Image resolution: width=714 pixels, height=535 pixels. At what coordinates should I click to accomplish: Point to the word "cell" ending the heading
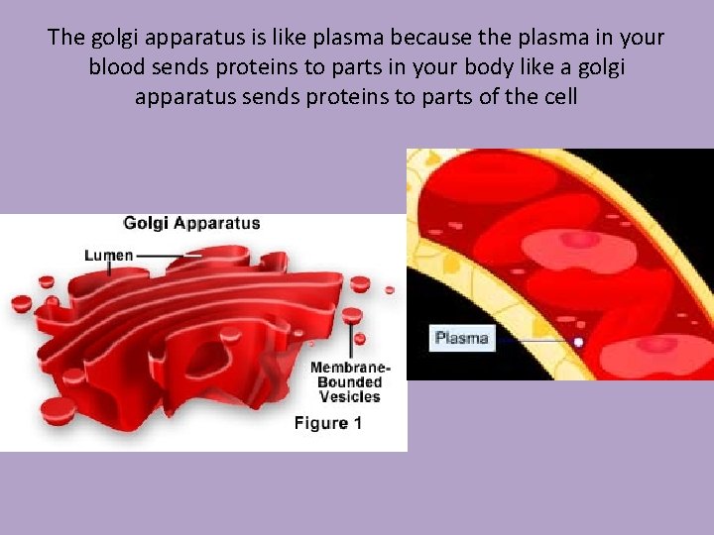click(x=558, y=98)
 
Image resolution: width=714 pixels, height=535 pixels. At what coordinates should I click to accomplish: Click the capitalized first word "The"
click(x=67, y=39)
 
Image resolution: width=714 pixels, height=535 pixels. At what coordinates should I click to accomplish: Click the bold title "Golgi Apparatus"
click(x=191, y=223)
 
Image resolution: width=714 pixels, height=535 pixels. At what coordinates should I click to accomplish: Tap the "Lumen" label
click(x=109, y=255)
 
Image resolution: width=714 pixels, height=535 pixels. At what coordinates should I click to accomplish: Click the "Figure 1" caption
click(x=328, y=423)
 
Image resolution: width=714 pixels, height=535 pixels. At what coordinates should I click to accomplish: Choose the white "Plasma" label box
click(x=462, y=338)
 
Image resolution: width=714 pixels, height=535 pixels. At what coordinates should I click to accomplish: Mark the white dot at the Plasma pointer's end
click(x=578, y=342)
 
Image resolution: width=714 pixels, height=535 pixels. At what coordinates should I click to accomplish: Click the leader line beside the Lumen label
click(x=169, y=255)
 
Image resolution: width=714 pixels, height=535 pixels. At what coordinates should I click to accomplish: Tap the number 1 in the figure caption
click(x=357, y=423)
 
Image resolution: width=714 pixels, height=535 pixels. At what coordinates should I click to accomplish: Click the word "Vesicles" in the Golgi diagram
click(x=350, y=396)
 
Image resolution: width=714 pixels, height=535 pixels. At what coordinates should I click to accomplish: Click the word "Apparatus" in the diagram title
click(x=217, y=223)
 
